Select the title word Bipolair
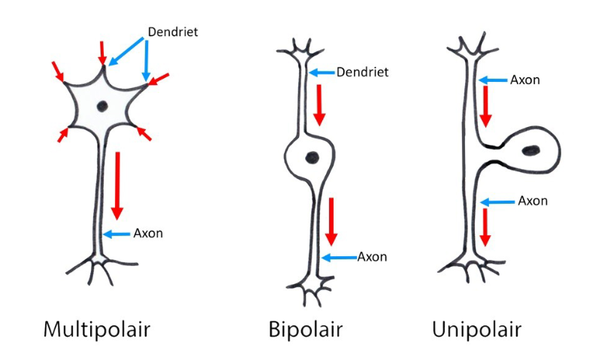tap(305, 329)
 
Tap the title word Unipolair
tap(476, 329)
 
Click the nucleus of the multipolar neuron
tap(101, 106)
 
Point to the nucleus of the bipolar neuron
tap(311, 156)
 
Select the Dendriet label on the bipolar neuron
tap(362, 73)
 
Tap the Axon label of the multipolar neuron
tap(148, 233)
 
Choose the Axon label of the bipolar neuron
tap(372, 257)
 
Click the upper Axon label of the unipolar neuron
tap(524, 79)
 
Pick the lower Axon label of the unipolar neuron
tap(532, 201)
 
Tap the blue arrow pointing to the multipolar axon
tap(117, 234)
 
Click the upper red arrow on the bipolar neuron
tap(320, 104)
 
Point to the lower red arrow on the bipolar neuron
tap(331, 222)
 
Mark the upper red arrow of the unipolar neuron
tap(486, 106)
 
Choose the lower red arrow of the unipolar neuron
tap(486, 227)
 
